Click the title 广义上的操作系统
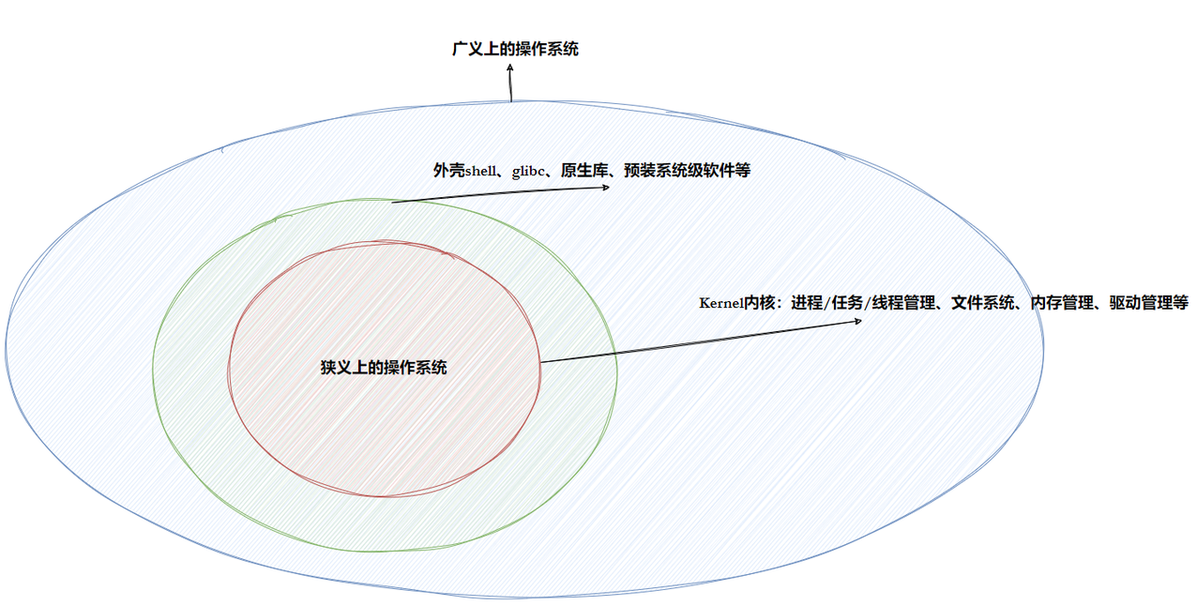515,49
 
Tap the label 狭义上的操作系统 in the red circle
384,368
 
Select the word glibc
529,172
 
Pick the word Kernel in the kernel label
720,303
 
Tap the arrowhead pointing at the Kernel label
858,322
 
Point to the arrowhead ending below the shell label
606,187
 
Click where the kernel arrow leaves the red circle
541,362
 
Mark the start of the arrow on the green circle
393,202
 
